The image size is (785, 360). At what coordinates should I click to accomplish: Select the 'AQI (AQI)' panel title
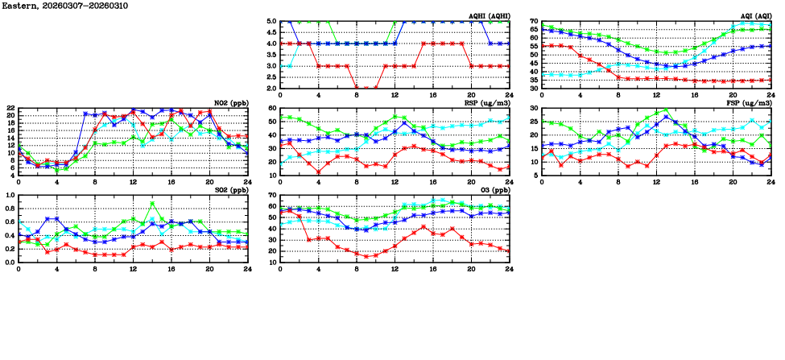[x=755, y=15]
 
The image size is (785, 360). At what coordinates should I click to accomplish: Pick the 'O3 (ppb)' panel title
[x=494, y=189]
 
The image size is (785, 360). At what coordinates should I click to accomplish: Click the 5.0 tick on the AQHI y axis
[x=271, y=22]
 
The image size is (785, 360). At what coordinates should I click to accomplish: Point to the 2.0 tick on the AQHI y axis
[x=271, y=89]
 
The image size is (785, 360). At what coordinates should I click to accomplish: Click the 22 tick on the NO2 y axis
[x=10, y=108]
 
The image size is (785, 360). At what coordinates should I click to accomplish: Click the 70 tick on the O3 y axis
[x=272, y=195]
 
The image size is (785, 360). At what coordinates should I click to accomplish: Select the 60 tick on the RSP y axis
[x=272, y=108]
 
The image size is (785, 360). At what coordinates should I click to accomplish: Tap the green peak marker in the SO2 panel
[x=152, y=203]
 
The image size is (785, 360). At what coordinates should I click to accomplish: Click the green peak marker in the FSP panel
[x=666, y=110]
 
